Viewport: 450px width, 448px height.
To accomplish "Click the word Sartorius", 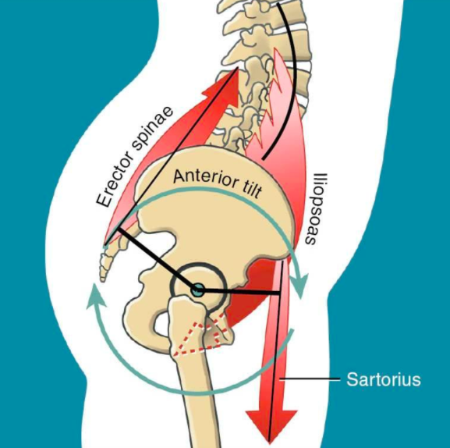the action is [384, 379].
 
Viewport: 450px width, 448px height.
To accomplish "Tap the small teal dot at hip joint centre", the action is [198, 290].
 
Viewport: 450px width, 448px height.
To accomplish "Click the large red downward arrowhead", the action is [271, 425].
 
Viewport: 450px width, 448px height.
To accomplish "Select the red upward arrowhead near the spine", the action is [225, 84].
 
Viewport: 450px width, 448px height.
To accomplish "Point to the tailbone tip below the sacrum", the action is [102, 279].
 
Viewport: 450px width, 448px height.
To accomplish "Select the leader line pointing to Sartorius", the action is [310, 379].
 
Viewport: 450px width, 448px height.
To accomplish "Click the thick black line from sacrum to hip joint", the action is [157, 258].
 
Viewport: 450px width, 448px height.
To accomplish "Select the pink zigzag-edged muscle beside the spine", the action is [274, 106].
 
